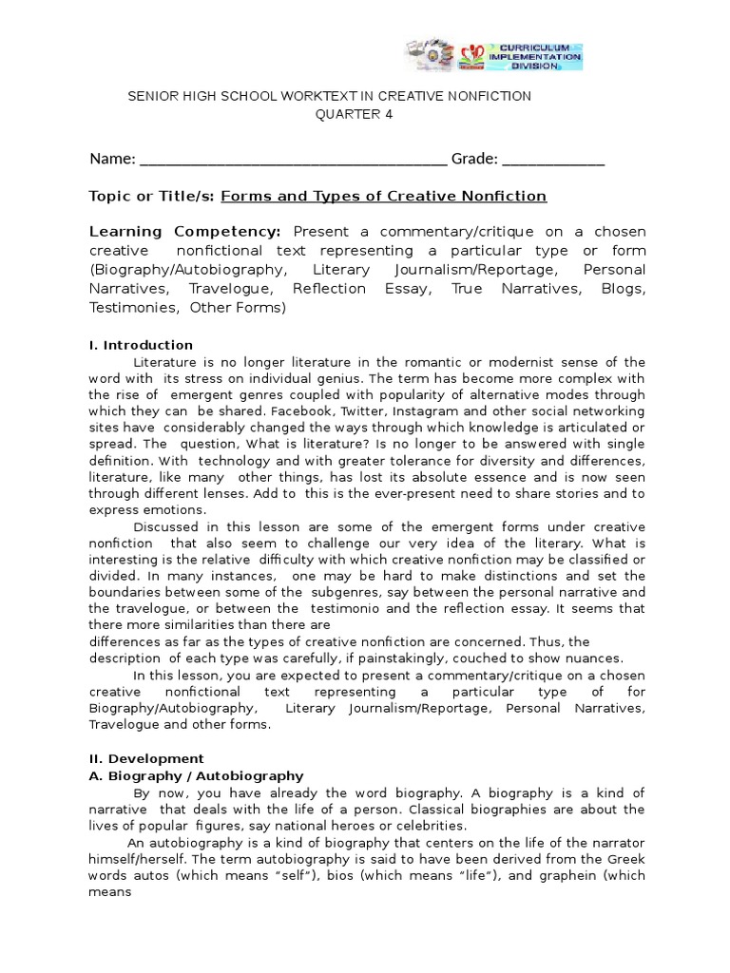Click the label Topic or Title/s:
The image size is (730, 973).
(152, 196)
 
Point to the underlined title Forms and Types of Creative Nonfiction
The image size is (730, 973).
(384, 196)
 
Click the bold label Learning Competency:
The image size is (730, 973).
(185, 232)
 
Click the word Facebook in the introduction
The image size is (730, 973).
(301, 410)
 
